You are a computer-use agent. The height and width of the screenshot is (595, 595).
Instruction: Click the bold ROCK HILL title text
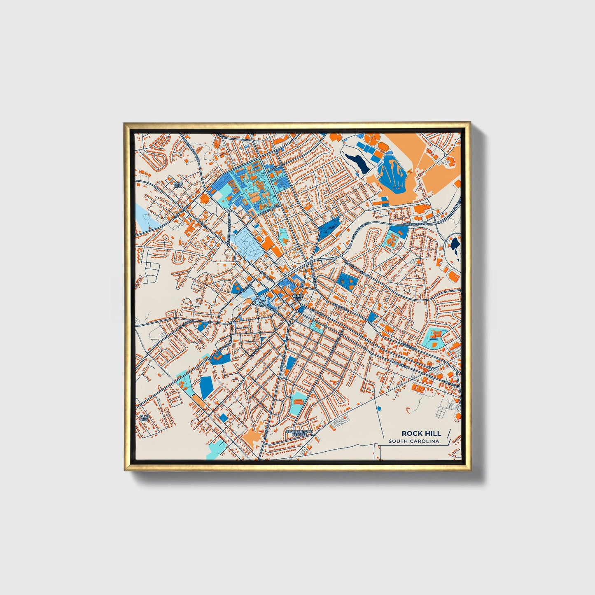coord(421,433)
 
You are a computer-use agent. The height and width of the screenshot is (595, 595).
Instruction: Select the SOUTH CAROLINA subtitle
coord(413,441)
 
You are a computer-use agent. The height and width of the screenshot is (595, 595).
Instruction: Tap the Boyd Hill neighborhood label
coord(177,184)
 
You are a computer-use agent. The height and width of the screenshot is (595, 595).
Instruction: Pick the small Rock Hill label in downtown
coord(297,297)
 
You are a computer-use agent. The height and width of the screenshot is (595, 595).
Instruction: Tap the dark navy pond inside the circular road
coord(455,245)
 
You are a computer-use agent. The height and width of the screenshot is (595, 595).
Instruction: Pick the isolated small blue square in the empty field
coord(379,408)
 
